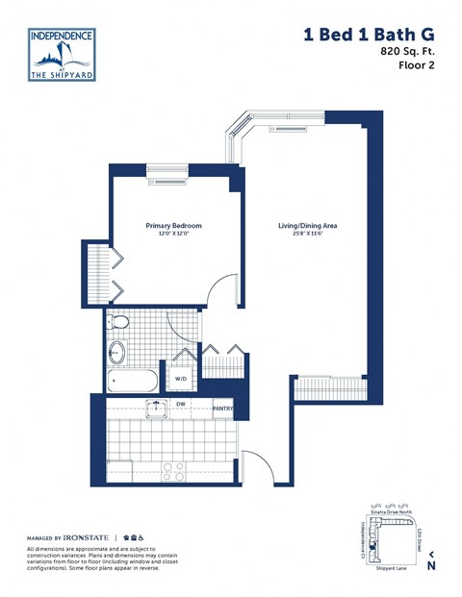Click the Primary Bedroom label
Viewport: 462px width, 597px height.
click(x=173, y=226)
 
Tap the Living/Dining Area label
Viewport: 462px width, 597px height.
click(x=307, y=226)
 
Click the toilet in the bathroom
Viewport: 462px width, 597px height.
click(x=118, y=321)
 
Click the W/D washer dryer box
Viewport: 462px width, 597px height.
click(x=181, y=379)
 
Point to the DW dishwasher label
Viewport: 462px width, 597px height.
click(x=181, y=405)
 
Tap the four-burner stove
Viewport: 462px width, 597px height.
click(x=172, y=471)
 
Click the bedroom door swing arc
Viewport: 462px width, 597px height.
click(x=223, y=288)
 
